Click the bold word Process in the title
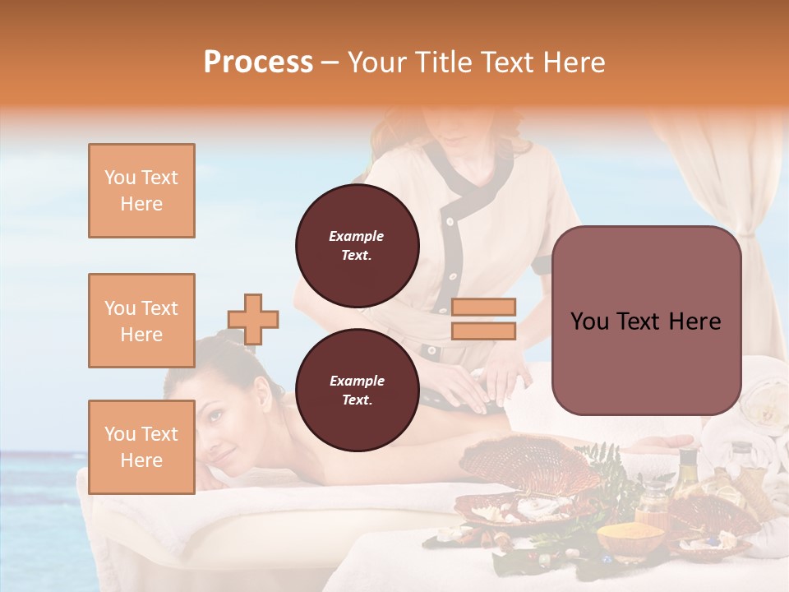[258, 62]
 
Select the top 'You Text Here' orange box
[141, 191]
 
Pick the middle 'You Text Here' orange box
[141, 321]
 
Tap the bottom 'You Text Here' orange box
[141, 446]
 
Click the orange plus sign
[253, 319]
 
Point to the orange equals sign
[483, 319]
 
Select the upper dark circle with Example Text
[357, 246]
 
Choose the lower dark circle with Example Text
[357, 391]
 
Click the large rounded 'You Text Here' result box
[646, 321]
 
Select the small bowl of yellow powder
[630, 539]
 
